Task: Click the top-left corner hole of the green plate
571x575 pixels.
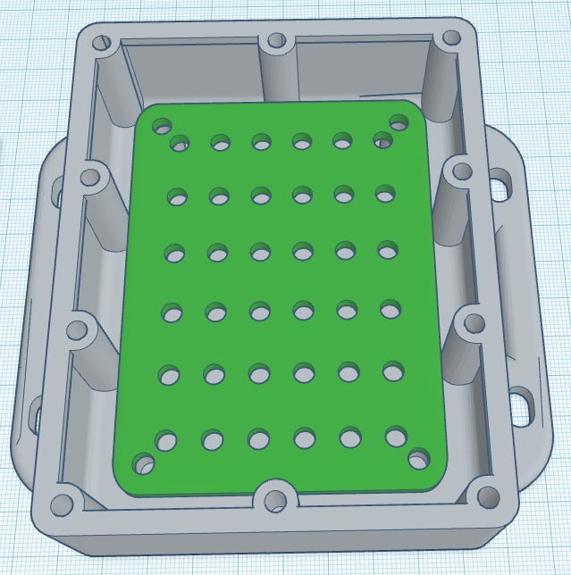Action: click(x=162, y=125)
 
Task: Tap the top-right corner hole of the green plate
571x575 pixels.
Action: click(x=399, y=122)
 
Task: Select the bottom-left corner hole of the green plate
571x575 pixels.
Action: click(x=142, y=463)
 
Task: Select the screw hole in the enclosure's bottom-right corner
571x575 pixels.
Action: click(x=487, y=496)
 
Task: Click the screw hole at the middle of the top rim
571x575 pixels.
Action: click(x=276, y=40)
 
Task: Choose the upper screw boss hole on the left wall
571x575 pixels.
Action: click(x=91, y=177)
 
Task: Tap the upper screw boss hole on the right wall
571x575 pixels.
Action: click(x=461, y=170)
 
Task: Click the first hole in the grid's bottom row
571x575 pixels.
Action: click(x=166, y=440)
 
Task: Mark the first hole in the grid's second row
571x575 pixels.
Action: click(x=178, y=196)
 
